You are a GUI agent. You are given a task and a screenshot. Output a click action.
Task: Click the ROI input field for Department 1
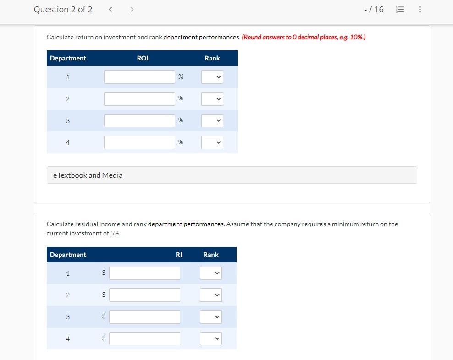139,77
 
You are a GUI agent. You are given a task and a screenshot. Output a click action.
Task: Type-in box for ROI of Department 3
139,120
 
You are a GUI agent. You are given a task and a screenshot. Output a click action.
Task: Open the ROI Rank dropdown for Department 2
212,99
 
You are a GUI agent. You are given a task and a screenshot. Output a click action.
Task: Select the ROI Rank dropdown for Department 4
212,142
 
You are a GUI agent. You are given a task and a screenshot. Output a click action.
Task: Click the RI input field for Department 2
144,295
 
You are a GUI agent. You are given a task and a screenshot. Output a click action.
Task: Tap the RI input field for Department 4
144,339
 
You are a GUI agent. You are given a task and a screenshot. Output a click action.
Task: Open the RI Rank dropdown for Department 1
211,273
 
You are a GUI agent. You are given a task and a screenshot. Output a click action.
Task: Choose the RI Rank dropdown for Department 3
211,317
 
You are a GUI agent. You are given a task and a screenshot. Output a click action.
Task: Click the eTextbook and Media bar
232,175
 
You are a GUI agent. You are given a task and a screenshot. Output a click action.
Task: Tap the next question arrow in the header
132,10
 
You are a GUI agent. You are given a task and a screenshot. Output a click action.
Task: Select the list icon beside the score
400,10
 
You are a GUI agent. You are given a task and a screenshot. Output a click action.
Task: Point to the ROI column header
143,58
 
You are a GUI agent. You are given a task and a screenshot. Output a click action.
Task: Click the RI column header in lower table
179,255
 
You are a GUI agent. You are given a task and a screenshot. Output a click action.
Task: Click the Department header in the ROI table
68,58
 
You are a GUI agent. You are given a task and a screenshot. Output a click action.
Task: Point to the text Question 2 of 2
63,10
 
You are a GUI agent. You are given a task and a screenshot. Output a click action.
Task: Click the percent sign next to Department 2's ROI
181,98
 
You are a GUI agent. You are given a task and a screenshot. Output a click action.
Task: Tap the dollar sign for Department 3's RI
104,316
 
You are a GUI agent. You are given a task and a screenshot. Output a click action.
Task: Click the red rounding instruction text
304,37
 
